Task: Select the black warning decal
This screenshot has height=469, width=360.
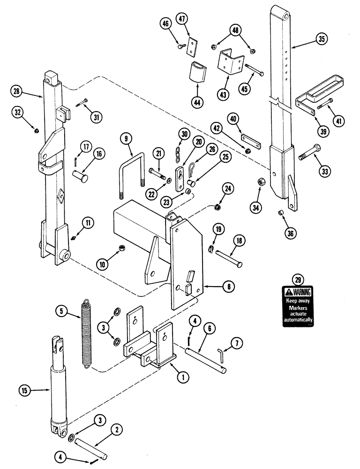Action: (297, 307)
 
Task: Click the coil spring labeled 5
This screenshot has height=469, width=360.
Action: (86, 333)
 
